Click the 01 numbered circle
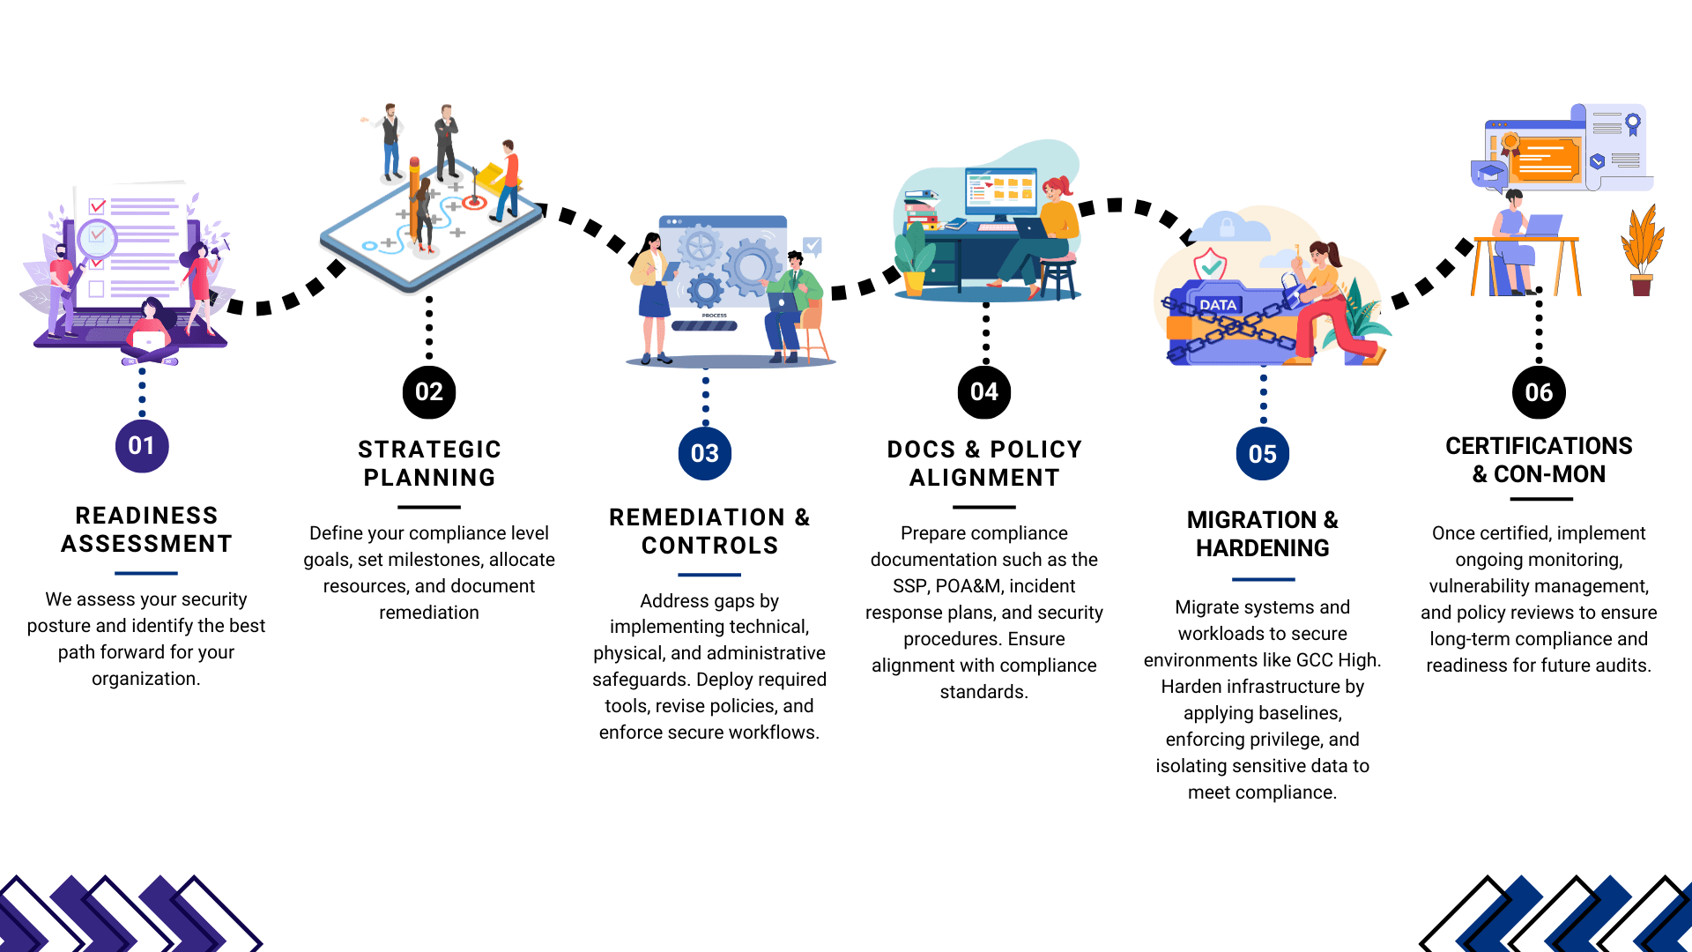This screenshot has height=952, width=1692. [142, 446]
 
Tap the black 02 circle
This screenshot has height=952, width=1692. [429, 392]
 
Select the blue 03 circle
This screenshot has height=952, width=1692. [705, 454]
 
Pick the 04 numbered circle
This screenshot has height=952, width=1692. [984, 392]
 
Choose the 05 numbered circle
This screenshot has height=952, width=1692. [1262, 454]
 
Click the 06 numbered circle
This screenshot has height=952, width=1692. [1539, 392]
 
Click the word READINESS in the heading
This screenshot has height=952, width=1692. [146, 516]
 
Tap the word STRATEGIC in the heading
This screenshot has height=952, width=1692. [429, 450]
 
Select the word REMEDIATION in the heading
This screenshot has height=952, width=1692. [697, 517]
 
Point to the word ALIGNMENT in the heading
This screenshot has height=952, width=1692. [984, 478]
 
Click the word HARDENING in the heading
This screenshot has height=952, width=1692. [1262, 548]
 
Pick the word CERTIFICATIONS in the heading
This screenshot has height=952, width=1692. [1539, 446]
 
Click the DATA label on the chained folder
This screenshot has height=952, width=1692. [1218, 305]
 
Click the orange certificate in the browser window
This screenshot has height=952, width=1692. [1549, 159]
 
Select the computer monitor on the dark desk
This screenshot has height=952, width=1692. [1001, 192]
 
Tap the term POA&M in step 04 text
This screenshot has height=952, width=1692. [969, 586]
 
